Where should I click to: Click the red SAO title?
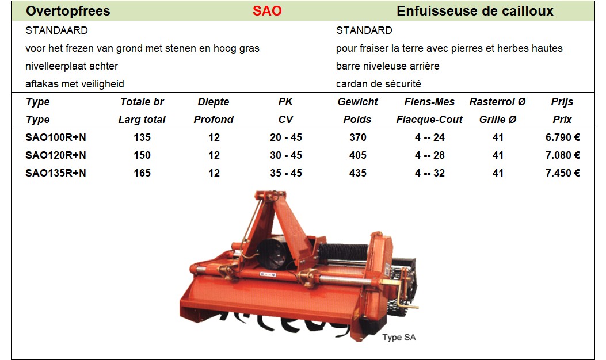[x=267, y=11]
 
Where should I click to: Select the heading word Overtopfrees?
[x=68, y=11]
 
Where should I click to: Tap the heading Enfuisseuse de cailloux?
[x=475, y=11]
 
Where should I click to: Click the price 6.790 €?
[x=563, y=137]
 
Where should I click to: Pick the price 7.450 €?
[x=563, y=173]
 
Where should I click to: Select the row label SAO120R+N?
[x=56, y=155]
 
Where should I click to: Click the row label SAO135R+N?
[x=56, y=173]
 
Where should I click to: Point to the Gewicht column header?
[x=358, y=102]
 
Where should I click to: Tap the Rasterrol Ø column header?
[x=497, y=102]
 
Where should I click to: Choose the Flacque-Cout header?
[x=429, y=120]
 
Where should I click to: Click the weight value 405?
[x=358, y=155]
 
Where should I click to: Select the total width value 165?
[x=142, y=173]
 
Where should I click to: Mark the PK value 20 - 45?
[x=286, y=137]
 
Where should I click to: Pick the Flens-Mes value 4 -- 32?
[x=430, y=173]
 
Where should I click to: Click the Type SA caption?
[x=399, y=337]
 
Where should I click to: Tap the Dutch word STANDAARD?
[x=56, y=30]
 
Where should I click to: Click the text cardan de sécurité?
[x=378, y=84]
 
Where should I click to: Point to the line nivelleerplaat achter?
[x=71, y=66]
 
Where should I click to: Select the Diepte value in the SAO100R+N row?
[x=214, y=137]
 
